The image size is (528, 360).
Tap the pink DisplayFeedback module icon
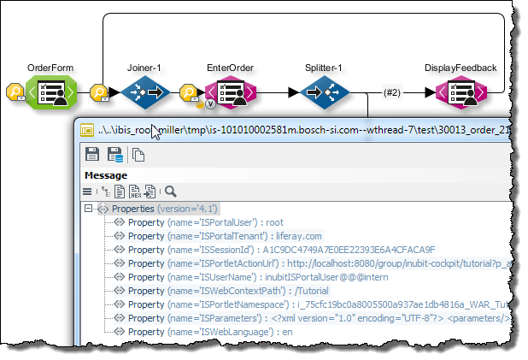point(460,91)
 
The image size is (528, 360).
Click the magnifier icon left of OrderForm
point(15,92)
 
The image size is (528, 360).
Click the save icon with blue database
point(114,155)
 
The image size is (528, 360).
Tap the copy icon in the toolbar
point(138,155)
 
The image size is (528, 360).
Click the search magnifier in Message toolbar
point(171,192)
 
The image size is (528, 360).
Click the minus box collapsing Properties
point(88,209)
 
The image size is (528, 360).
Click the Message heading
point(105,175)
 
